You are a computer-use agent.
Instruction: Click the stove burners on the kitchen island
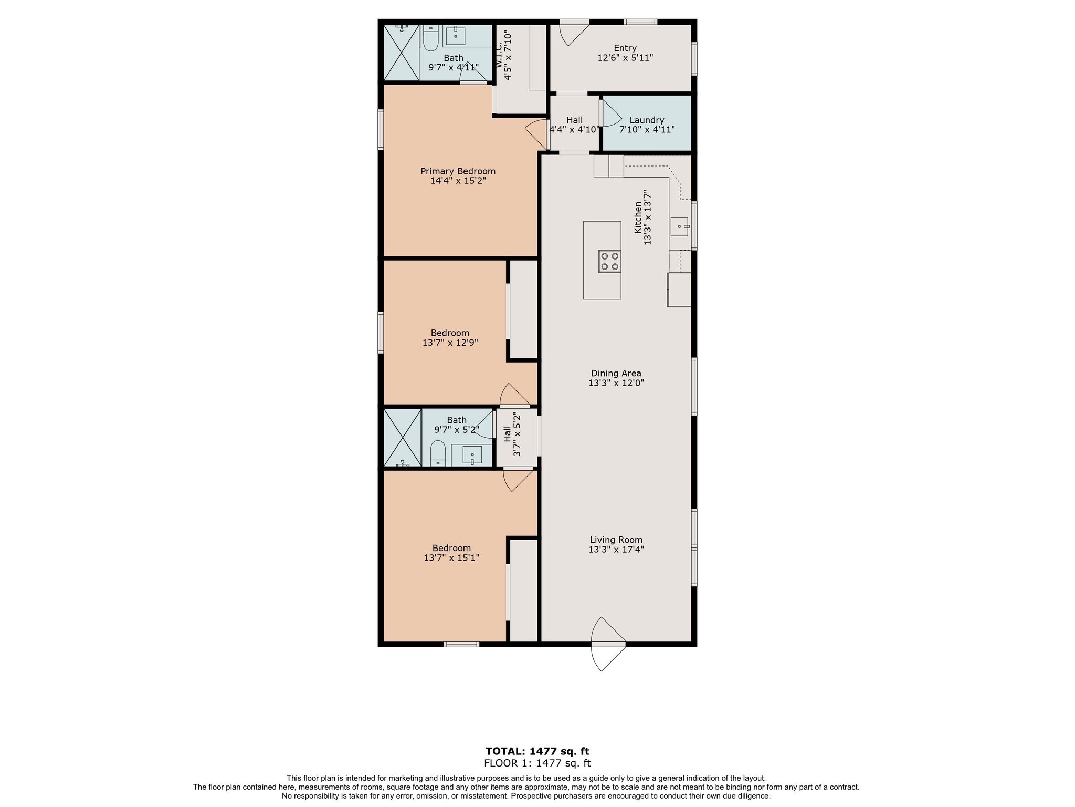click(x=609, y=261)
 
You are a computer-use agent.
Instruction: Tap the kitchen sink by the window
click(x=679, y=226)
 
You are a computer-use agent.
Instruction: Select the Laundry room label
click(x=647, y=120)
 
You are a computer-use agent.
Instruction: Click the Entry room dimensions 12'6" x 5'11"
click(x=625, y=58)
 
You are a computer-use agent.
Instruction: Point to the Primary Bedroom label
click(x=458, y=171)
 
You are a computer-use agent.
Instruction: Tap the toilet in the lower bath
click(x=438, y=452)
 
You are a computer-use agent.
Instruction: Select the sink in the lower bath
click(x=472, y=454)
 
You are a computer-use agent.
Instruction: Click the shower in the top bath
click(x=401, y=53)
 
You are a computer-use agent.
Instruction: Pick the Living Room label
click(x=616, y=540)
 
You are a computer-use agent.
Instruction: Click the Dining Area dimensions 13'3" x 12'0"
click(x=616, y=383)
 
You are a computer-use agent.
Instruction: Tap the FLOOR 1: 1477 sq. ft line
click(x=537, y=763)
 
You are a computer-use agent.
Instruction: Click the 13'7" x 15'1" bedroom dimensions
click(x=451, y=558)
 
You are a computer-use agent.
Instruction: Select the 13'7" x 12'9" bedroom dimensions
click(x=450, y=343)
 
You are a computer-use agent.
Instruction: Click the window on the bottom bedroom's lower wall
click(x=461, y=644)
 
